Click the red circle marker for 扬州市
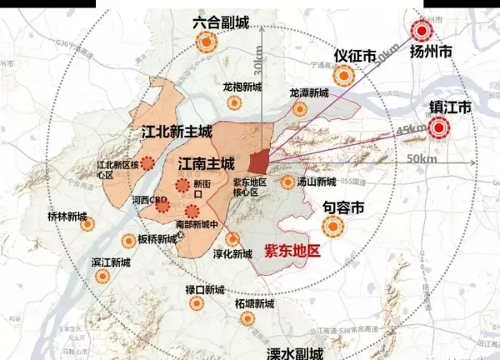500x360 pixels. pos(422,32)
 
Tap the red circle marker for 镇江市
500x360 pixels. pos(437,127)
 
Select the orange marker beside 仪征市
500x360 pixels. pos(344,76)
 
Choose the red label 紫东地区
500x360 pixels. pos(292,250)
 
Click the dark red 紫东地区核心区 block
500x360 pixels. pos(259,159)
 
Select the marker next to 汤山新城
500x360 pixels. pos(288,182)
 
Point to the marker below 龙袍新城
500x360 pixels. pos(234,104)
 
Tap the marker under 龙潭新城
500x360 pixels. pos(298,109)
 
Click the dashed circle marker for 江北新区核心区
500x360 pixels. pos(147,163)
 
